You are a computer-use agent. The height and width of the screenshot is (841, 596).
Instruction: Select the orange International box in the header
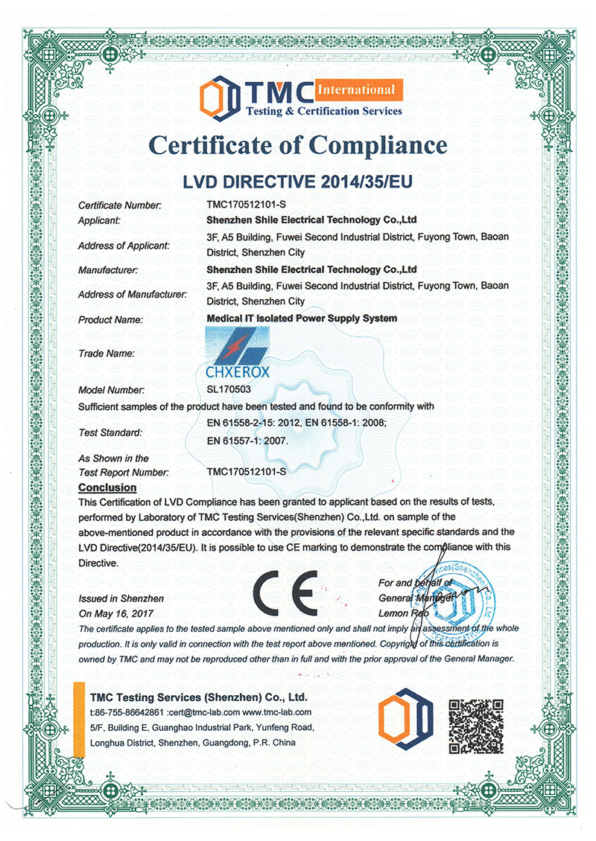pyautogui.click(x=357, y=90)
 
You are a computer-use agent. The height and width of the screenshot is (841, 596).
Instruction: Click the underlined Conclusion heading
pyautogui.click(x=107, y=487)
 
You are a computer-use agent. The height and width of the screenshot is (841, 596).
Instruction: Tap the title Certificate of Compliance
pyautogui.click(x=298, y=144)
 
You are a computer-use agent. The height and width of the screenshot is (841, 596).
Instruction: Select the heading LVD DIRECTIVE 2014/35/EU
pyautogui.click(x=298, y=181)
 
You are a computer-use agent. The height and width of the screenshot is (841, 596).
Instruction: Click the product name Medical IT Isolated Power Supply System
pyautogui.click(x=302, y=319)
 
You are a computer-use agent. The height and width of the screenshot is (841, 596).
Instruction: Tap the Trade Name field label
pyautogui.click(x=106, y=354)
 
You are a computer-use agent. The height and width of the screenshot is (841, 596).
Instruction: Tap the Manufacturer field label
pyautogui.click(x=109, y=270)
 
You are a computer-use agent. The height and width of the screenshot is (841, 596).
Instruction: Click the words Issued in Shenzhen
pyautogui.click(x=121, y=598)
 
